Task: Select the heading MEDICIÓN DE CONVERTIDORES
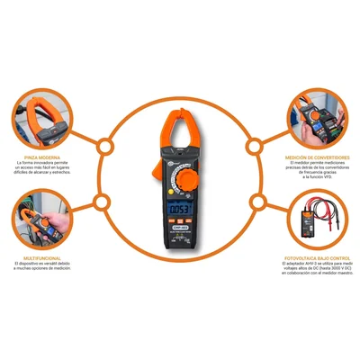pyautogui.click(x=319, y=157)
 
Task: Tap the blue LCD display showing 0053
pyautogui.click(x=180, y=214)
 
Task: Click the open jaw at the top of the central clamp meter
pyautogui.click(x=180, y=126)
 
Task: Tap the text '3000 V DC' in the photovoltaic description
pyautogui.click(x=328, y=280)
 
